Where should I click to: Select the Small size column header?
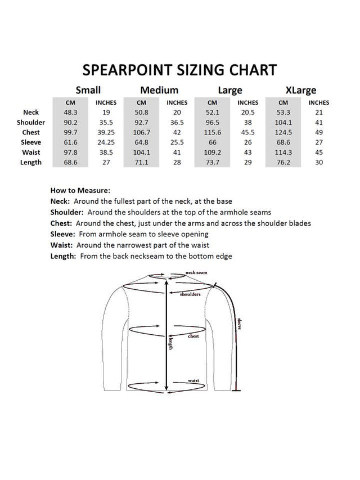coord(88,90)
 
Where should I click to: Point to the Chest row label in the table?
coord(31,132)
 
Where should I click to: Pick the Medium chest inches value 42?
coord(177,132)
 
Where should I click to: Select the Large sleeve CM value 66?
coord(212,142)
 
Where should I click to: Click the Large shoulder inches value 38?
coord(247,122)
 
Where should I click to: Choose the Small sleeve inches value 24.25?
coord(106,142)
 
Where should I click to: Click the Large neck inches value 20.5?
coord(247,113)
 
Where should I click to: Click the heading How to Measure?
coord(80,191)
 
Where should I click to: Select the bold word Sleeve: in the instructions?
coord(62,234)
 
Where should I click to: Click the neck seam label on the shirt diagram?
coord(196,273)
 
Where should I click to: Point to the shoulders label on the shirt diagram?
coord(190,294)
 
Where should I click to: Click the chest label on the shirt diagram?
coord(193,337)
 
